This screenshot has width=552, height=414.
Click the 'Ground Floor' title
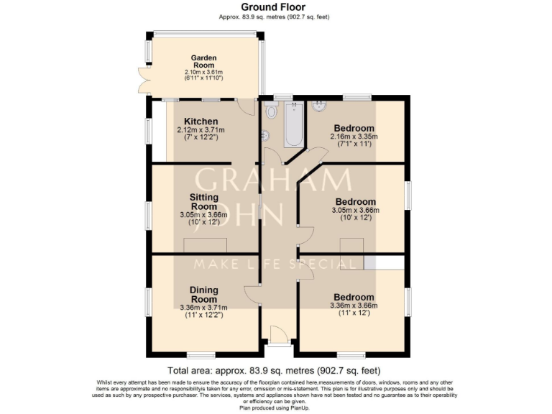tap(275, 7)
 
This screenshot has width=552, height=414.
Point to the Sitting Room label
tap(203, 201)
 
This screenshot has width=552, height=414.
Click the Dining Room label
tap(203, 295)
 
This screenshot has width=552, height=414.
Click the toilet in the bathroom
tap(271, 111)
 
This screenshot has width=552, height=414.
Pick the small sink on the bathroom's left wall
tap(264, 134)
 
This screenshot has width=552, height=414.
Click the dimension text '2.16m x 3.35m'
tap(354, 137)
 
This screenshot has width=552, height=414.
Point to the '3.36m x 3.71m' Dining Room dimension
tap(203, 308)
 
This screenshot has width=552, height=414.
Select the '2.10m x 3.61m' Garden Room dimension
tap(203, 72)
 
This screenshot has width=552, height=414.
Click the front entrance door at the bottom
tap(277, 335)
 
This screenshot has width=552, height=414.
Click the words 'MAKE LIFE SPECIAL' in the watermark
tap(276, 264)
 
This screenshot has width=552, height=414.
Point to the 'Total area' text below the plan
tap(275, 370)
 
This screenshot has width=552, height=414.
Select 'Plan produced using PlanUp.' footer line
tap(275, 407)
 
